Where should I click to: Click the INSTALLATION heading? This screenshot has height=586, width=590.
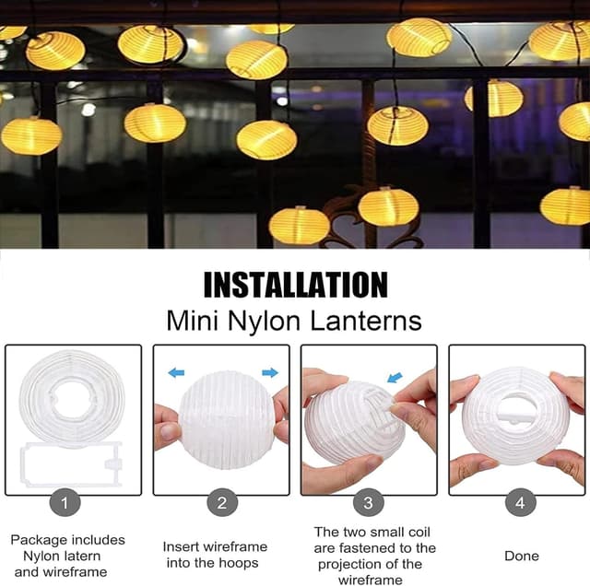295,285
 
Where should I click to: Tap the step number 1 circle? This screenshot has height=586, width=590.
65,503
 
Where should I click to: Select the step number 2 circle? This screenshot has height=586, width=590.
221,503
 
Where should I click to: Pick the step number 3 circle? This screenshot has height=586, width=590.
369,503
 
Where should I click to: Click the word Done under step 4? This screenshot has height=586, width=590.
522,556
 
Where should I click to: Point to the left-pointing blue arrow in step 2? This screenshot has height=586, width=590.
176,373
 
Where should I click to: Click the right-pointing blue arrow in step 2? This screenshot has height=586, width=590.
269,373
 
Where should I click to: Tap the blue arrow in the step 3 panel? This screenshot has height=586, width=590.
395,377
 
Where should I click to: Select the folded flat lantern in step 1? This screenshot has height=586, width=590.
72,398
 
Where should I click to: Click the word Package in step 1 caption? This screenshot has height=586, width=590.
37,540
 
